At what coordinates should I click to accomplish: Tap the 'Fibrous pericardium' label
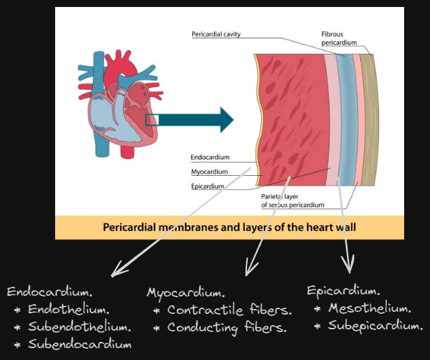339,38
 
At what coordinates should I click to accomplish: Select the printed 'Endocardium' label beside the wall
209,158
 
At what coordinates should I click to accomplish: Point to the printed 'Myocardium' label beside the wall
209,172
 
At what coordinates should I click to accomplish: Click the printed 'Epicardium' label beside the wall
207,186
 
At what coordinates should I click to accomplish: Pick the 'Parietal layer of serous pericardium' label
292,201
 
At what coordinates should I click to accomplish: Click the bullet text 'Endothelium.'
68,309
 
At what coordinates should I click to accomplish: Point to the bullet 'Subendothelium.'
80,327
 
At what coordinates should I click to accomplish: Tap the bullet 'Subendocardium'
80,344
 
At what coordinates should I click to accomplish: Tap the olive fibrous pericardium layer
368,119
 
